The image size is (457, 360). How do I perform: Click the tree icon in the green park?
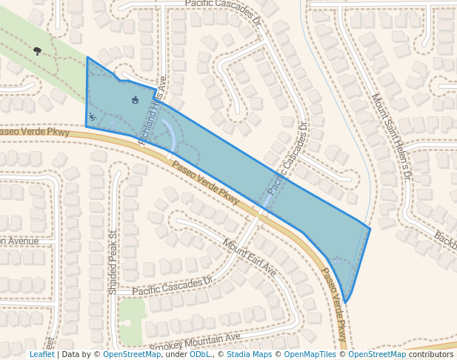pos(37,51)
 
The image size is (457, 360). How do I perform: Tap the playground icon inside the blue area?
pos(135,100)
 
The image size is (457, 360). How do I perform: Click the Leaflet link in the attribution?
pos(41,354)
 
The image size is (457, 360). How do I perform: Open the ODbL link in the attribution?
pos(200,354)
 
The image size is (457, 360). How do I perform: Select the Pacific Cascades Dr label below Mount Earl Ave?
pos(173,287)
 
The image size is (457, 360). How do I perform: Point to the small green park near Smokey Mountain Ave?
pos(131,319)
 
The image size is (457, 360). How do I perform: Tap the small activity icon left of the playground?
pos(93,116)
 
